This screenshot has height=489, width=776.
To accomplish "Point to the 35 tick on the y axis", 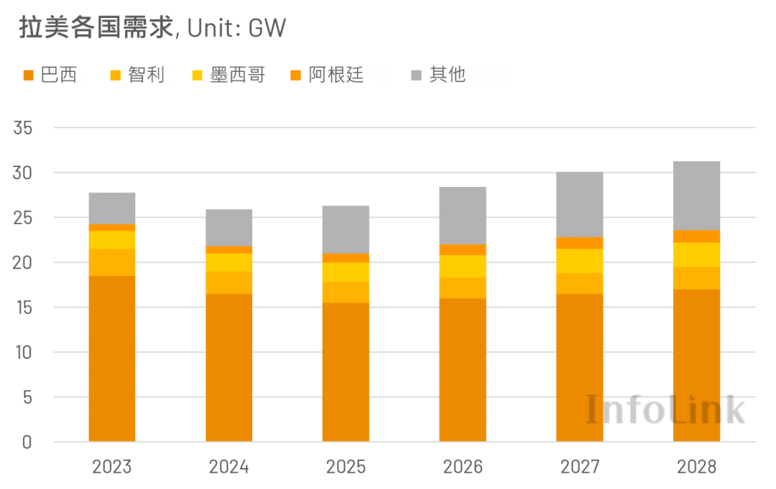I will pyautogui.click(x=22, y=129).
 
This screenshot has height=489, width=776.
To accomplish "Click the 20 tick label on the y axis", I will pyautogui.click(x=22, y=263).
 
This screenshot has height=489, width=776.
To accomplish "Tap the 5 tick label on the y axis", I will pyautogui.click(x=27, y=398).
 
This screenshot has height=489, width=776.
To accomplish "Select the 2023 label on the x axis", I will pyautogui.click(x=112, y=467).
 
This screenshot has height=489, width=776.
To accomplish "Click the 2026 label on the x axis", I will pyautogui.click(x=463, y=467).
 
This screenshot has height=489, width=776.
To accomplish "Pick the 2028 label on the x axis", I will pyautogui.click(x=696, y=467).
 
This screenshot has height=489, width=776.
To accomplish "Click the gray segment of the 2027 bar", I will pyautogui.click(x=580, y=204).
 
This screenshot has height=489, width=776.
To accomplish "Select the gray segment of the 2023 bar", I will pyautogui.click(x=112, y=208).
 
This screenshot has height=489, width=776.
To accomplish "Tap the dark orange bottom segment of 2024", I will pyautogui.click(x=229, y=367).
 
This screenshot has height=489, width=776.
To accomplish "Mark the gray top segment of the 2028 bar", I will pyautogui.click(x=696, y=196).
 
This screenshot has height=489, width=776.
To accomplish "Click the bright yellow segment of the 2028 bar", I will pyautogui.click(x=696, y=255).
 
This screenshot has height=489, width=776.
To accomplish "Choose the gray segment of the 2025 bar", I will pyautogui.click(x=346, y=229).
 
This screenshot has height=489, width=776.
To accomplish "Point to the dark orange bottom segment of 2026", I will pyautogui.click(x=463, y=370).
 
